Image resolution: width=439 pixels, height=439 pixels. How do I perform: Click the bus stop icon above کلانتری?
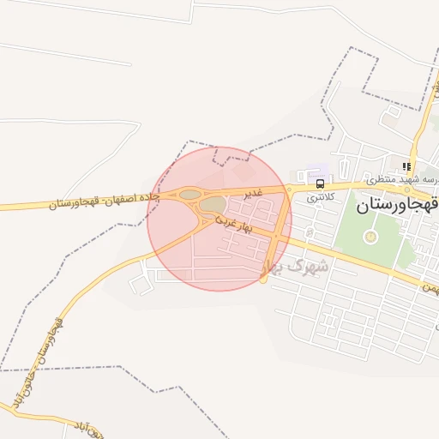[x=320, y=183]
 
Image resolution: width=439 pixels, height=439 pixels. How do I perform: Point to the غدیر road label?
[x=251, y=194]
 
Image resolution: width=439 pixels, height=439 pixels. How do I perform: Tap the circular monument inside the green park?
[x=370, y=237]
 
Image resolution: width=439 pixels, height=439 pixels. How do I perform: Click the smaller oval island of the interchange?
[x=189, y=195]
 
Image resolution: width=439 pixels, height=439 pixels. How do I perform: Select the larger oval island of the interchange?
[x=212, y=205]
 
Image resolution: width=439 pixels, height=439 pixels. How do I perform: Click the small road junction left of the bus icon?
[x=291, y=189]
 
